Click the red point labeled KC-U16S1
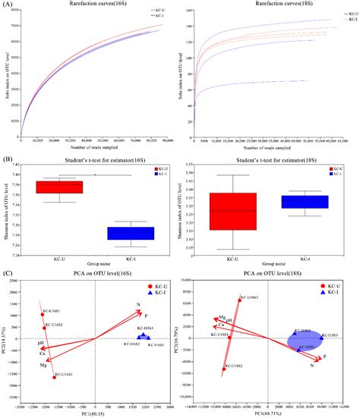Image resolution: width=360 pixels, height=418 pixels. coord(43,315)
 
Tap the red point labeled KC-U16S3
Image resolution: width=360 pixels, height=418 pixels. coord(55,377)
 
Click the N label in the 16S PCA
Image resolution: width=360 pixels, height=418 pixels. coord(138,306)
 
